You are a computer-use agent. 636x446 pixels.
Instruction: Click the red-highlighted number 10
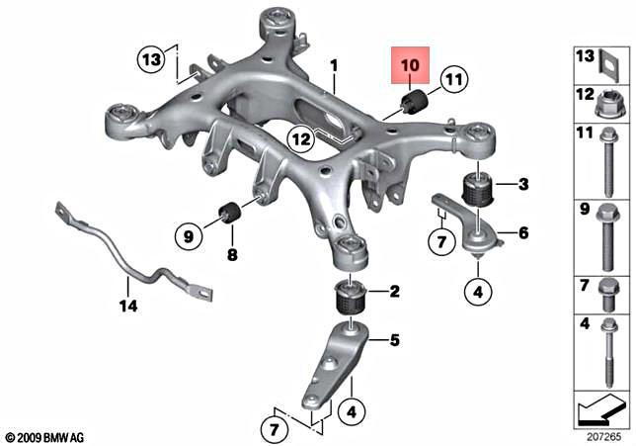[x=409, y=64]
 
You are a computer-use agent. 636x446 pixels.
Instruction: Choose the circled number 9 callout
[x=188, y=235]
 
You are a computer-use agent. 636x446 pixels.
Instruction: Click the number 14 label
[x=126, y=307]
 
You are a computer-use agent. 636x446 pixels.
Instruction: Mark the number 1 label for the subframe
[x=334, y=64]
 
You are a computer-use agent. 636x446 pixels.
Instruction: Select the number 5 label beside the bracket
[x=393, y=342]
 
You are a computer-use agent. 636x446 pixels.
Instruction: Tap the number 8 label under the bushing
[x=232, y=255]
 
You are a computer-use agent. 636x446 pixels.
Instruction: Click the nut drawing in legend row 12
[x=603, y=99]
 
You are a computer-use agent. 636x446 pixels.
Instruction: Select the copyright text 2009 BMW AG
[x=45, y=436]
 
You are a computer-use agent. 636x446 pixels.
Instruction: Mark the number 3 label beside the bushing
[x=523, y=185]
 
